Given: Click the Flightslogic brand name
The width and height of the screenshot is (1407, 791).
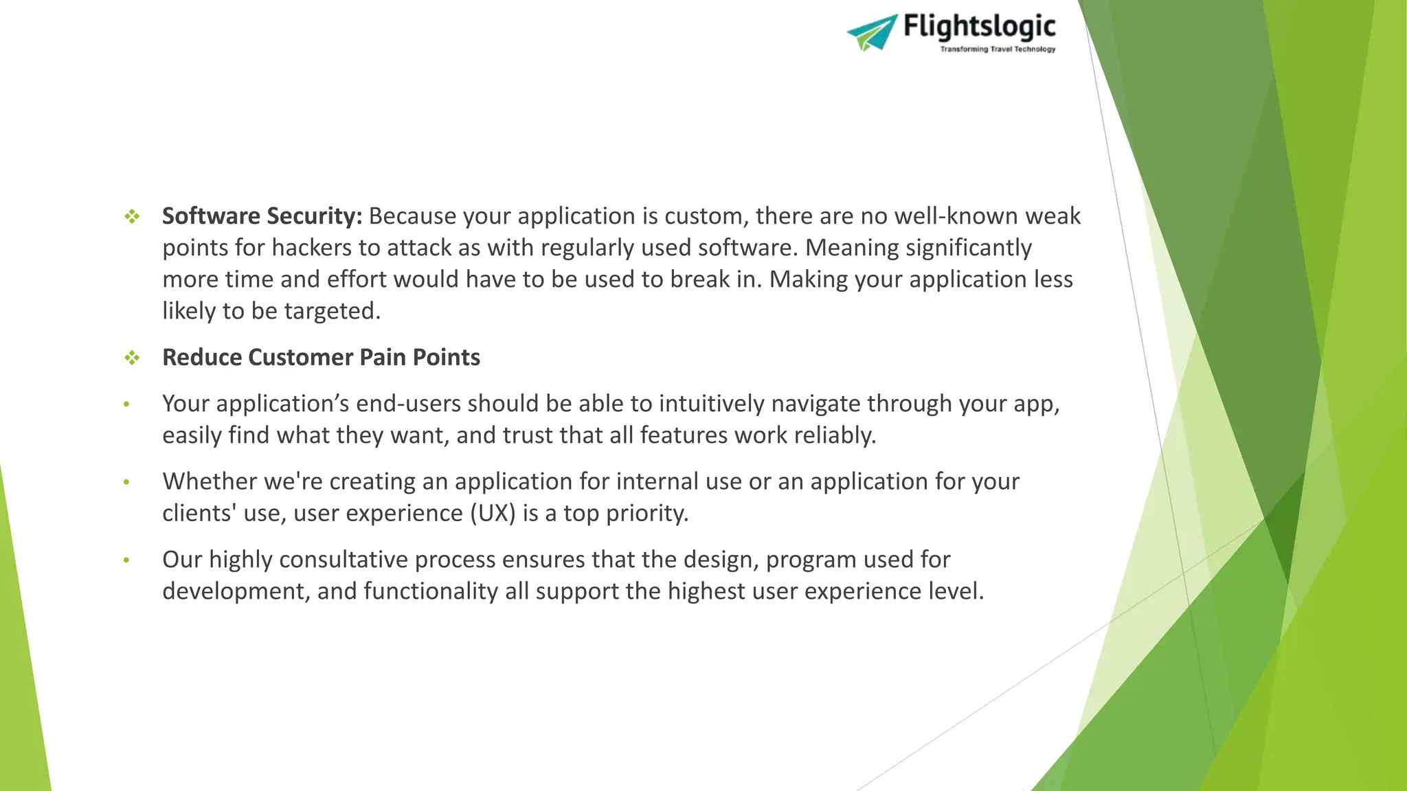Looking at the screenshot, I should coord(979,26).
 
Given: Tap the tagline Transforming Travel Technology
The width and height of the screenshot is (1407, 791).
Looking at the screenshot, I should coord(998,49).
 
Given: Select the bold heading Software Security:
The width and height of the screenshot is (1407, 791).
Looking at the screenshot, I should coord(262,216).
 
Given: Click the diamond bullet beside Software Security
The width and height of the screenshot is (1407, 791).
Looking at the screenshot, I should coord(132,217).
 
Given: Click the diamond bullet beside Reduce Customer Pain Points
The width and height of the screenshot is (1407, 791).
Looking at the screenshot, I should coord(132,358).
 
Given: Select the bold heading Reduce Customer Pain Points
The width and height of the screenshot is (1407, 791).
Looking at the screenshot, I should coord(321,358).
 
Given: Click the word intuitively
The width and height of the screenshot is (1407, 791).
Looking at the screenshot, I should coord(711,404).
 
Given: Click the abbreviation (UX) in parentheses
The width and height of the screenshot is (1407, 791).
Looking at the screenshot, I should coord(493,514).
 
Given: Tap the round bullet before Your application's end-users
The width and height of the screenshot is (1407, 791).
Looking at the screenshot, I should coord(126,404).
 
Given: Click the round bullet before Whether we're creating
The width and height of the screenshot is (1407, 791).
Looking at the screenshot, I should coord(126,482).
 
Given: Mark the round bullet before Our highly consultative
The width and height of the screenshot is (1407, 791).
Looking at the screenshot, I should coord(126,560).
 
